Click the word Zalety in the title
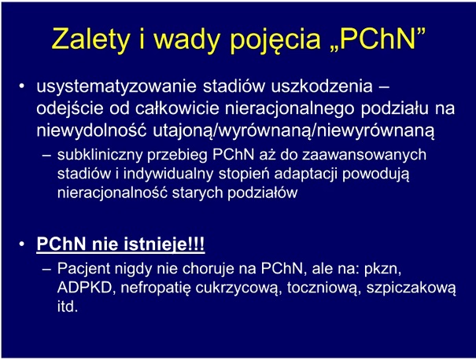pos(90,39)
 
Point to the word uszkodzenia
pos(322,86)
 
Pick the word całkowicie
pos(177,108)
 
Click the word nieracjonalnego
pos(290,109)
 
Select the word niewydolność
pos(91,131)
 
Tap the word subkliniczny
pos(100,155)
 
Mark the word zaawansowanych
pos(364,155)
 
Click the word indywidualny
pos(168,174)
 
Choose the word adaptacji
pos(306,174)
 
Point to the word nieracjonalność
pos(113,193)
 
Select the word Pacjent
pos(84,268)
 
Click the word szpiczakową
pos(411,288)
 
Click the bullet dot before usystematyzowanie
pos(21,86)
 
